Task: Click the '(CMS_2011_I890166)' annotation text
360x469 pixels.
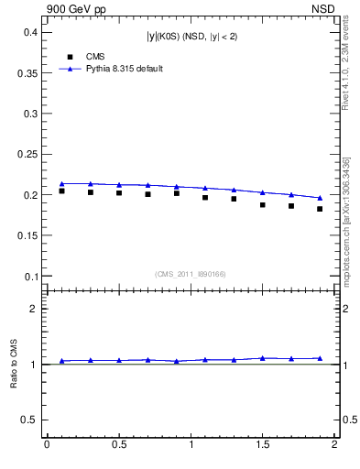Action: click(190, 273)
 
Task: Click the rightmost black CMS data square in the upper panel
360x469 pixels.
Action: click(320, 209)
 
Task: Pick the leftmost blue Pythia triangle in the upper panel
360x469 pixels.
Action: click(61, 183)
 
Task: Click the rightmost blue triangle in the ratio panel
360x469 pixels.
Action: click(320, 358)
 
